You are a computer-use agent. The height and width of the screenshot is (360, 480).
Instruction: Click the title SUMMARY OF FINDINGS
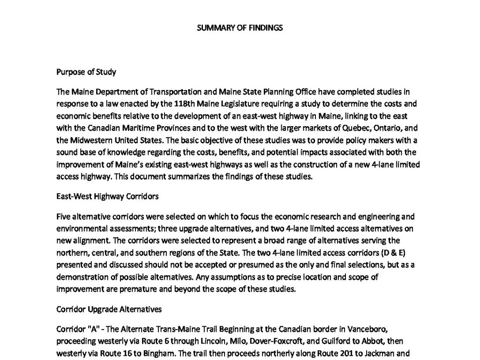tap(240, 28)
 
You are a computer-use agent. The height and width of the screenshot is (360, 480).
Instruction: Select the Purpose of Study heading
tap(86, 72)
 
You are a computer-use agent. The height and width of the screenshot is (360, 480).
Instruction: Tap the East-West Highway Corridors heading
tap(107, 196)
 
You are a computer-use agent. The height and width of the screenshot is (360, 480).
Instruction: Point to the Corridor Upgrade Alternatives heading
tap(109, 309)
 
